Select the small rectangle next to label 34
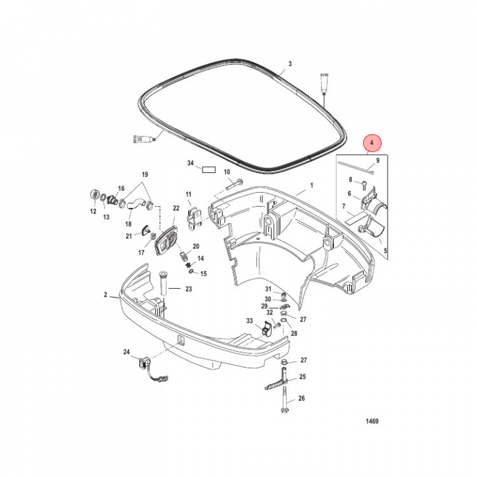point(210,169)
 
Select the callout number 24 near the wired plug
point(127,352)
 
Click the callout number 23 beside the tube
point(188,288)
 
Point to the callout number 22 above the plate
point(176,208)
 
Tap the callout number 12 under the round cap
point(93,212)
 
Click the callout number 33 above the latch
point(250,321)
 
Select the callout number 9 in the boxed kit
point(377,160)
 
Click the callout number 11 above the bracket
point(188,195)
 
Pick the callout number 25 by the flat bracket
point(302,376)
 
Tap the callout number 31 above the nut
point(268,289)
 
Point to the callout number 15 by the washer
point(203,274)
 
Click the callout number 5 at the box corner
point(386,252)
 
